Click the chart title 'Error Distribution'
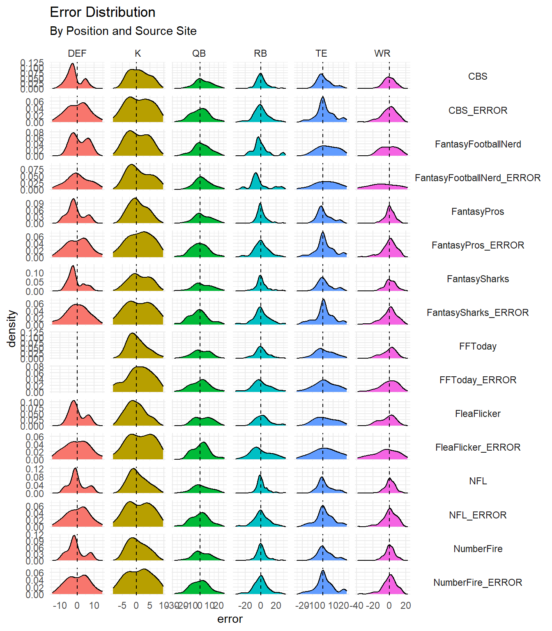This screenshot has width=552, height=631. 102,12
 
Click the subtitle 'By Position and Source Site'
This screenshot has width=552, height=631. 123,31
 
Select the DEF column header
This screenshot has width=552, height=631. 77,53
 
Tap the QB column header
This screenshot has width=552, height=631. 199,53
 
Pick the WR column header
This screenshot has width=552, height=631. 382,53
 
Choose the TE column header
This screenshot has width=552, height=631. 321,53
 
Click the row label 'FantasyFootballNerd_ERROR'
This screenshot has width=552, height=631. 478,178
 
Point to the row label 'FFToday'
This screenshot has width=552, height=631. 478,346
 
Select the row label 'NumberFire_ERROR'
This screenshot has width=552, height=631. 478,583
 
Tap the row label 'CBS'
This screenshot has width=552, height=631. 478,76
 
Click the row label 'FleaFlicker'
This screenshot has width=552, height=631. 478,414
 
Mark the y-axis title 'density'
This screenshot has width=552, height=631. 11,329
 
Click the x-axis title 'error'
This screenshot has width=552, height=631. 230,619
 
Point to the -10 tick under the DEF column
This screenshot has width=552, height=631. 60,606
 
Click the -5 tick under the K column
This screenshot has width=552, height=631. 122,606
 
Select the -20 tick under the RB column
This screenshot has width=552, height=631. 245,606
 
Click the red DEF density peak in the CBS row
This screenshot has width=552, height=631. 73,64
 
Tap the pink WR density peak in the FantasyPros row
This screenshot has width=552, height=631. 389,206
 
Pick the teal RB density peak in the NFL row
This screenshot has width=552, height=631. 260,476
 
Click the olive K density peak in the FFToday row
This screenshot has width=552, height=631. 132,334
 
